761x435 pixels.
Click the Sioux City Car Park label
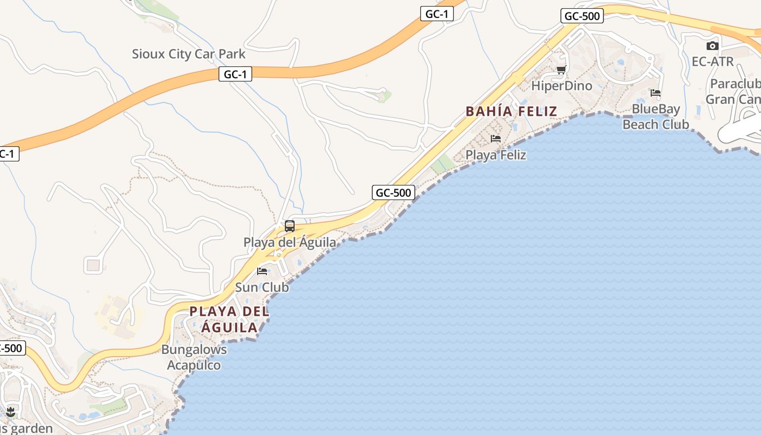pyautogui.click(x=189, y=54)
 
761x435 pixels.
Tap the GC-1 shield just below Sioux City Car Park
pyautogui.click(x=235, y=74)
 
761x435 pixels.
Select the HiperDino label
pyautogui.click(x=562, y=86)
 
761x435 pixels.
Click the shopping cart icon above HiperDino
pyautogui.click(x=561, y=70)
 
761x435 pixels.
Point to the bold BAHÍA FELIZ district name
pyautogui.click(x=512, y=111)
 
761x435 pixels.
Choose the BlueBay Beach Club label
pyautogui.click(x=656, y=117)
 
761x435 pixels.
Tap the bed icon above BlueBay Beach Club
pyautogui.click(x=656, y=93)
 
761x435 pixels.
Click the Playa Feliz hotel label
pyautogui.click(x=496, y=155)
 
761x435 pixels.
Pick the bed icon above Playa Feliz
pyautogui.click(x=496, y=139)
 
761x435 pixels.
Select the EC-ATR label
pyautogui.click(x=713, y=61)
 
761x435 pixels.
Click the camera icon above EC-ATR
pyautogui.click(x=713, y=46)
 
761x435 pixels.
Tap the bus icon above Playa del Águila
pyautogui.click(x=290, y=226)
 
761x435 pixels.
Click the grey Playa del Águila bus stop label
pyautogui.click(x=290, y=243)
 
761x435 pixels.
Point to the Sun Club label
pyautogui.click(x=262, y=287)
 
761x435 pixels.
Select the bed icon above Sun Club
pyautogui.click(x=262, y=271)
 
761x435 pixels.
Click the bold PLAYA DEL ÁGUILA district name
pyautogui.click(x=229, y=320)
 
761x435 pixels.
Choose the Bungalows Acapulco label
pyautogui.click(x=194, y=357)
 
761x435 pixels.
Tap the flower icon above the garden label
pyautogui.click(x=10, y=412)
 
